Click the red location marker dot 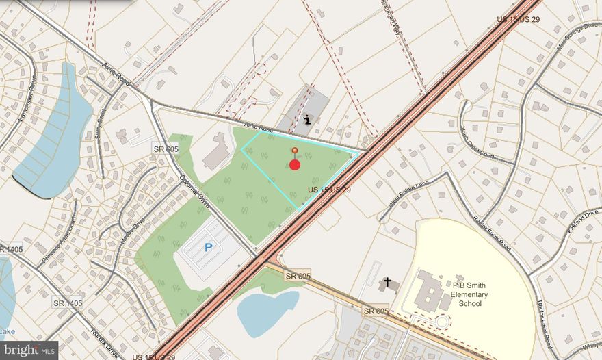click(295, 164)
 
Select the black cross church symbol click(387, 282)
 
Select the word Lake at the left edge click(7, 332)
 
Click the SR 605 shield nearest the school click(376, 311)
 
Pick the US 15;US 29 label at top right click(518, 19)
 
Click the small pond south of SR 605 click(267, 312)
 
